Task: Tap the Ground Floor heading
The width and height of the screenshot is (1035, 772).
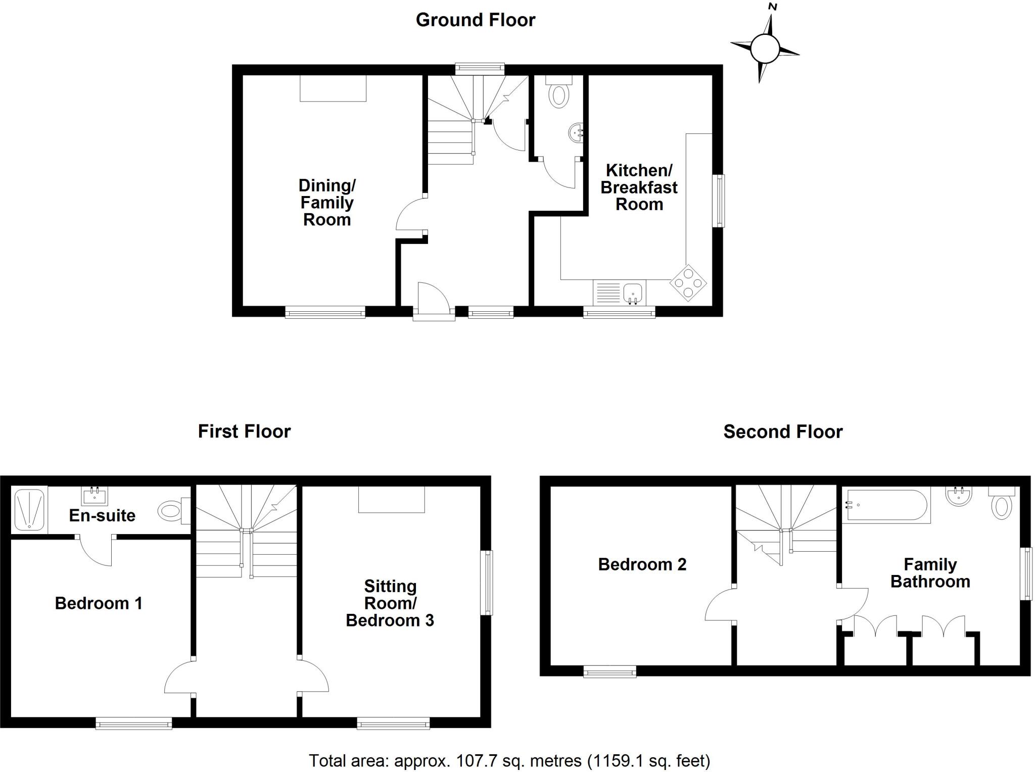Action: (475, 20)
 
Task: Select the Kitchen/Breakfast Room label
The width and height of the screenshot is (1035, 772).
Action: (639, 187)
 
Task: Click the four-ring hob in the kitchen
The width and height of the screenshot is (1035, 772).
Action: (688, 283)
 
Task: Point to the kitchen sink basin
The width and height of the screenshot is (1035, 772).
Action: (632, 293)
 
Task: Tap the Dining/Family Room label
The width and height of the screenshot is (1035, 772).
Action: (327, 202)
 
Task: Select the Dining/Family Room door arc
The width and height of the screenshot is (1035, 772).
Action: (409, 215)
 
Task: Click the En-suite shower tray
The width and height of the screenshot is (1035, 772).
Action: (29, 509)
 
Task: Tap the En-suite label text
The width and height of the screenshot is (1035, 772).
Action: (102, 515)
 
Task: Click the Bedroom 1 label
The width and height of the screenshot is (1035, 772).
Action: (99, 603)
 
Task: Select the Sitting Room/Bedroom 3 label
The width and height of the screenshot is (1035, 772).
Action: (390, 603)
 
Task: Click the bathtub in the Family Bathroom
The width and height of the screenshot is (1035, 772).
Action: (885, 505)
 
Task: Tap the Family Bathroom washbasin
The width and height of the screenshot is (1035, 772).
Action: (958, 496)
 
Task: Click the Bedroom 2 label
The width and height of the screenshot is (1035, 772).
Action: (642, 564)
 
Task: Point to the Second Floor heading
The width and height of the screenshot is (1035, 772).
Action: (782, 432)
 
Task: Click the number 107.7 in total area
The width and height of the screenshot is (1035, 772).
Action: (473, 760)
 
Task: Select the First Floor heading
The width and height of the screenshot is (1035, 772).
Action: (244, 431)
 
